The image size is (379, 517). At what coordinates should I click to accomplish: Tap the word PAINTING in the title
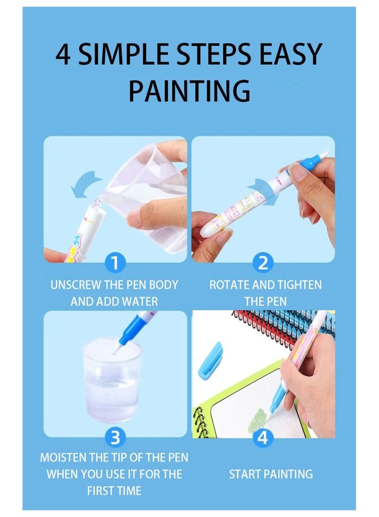pos(189,91)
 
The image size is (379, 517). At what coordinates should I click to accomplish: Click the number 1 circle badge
pos(115,262)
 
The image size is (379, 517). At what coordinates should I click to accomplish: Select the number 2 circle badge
pos(262,262)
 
